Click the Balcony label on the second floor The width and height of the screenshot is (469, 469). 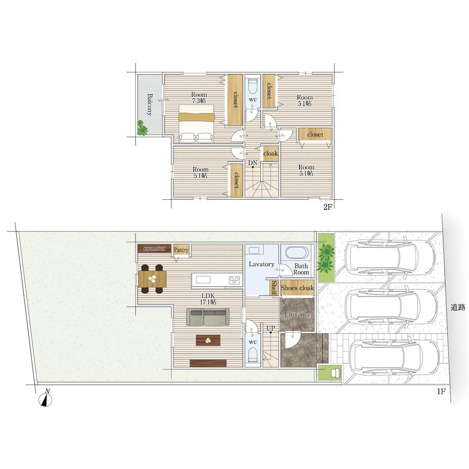150,105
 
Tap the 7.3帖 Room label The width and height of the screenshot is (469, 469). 199,98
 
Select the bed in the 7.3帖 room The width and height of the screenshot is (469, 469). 197,123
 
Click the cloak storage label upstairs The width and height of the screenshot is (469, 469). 271,153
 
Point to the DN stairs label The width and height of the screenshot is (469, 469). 253,163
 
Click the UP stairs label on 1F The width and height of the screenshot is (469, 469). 271,328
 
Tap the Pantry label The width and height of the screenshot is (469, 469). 181,250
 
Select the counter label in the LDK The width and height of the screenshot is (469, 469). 154,248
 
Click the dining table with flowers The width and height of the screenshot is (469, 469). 152,279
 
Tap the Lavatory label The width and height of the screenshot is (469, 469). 261,265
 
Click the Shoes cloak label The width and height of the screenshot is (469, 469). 297,288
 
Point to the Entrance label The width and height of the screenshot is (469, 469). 297,314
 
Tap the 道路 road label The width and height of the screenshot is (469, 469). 458,307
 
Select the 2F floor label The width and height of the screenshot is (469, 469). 328,207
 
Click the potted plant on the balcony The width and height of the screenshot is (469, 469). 142,128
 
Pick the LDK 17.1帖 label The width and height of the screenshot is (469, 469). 208,299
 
